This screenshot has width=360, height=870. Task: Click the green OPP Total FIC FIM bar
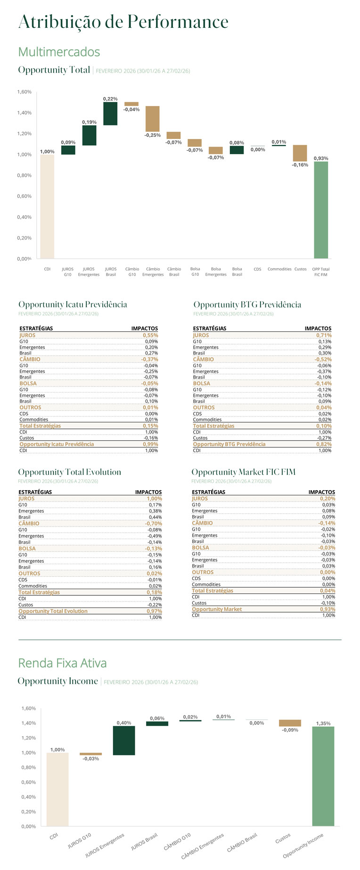tap(321, 210)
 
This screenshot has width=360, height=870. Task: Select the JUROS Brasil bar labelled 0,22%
tap(110, 114)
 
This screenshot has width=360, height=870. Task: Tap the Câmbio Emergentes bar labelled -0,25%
tap(153, 119)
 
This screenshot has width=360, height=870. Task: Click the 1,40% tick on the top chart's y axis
tap(25, 113)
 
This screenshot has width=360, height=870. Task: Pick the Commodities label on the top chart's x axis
tap(279, 269)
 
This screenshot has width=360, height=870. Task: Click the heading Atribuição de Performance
tap(123, 22)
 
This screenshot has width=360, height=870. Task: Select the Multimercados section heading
tap(59, 52)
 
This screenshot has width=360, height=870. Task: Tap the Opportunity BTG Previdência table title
tap(247, 304)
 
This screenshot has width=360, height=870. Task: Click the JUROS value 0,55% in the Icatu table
tap(150, 335)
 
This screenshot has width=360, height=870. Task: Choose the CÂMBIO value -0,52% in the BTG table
tap(323, 359)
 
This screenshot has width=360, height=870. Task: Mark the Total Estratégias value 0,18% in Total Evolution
tap(154, 592)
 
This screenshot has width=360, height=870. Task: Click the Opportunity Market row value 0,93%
tap(327, 609)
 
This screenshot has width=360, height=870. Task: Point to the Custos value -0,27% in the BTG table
tap(324, 438)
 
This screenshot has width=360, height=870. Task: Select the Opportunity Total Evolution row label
tap(53, 611)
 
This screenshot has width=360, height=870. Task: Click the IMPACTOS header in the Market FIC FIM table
tap(322, 492)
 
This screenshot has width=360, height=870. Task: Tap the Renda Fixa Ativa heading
tap(62, 663)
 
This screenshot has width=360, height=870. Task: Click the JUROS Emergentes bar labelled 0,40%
tap(124, 740)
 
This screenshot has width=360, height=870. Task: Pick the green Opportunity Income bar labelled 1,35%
tap(323, 776)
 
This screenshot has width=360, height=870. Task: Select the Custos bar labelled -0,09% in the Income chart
tap(290, 723)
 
